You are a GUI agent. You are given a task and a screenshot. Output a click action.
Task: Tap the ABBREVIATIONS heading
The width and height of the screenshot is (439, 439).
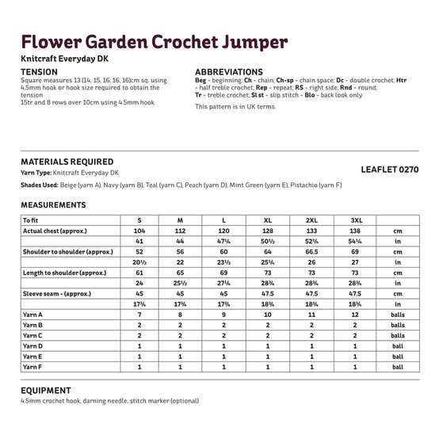[x=229, y=71]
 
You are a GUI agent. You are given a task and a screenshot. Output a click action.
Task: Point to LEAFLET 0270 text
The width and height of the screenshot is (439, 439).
[x=389, y=170]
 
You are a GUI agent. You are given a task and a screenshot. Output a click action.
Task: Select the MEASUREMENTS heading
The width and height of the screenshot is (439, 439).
[x=54, y=204]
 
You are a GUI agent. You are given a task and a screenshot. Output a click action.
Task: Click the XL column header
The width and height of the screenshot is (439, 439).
[x=266, y=219]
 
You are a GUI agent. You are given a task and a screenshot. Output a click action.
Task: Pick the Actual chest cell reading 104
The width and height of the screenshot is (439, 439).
[x=139, y=230]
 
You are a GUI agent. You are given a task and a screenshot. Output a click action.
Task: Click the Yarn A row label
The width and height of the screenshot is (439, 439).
[x=32, y=315]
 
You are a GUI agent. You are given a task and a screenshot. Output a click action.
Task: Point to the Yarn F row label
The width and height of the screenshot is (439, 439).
[x=32, y=367]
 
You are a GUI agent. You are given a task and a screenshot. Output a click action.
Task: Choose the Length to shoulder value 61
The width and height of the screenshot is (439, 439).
[x=139, y=271]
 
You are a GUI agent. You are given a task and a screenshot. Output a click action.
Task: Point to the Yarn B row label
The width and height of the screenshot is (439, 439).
[x=32, y=326]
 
